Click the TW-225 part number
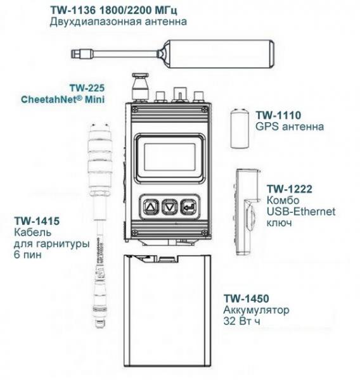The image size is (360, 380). tap(88, 88)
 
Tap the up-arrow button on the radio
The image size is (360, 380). tap(150, 206)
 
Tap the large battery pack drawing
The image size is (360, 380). tap(169, 314)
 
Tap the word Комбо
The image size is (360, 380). tap(281, 200)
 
